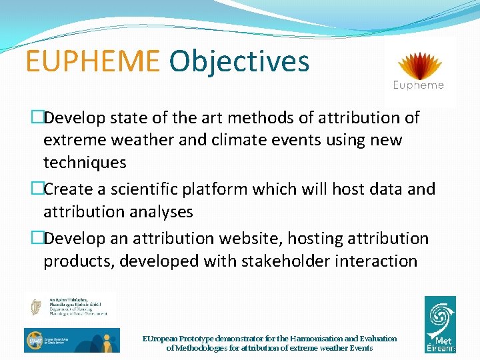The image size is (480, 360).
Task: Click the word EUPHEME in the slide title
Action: [x=93, y=61]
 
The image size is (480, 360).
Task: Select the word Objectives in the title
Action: [x=239, y=61]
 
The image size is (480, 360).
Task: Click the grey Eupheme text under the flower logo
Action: [x=419, y=85]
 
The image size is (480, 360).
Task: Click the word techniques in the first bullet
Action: [x=84, y=163]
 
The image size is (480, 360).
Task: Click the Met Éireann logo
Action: [x=440, y=324]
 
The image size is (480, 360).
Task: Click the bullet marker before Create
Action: [x=37, y=189]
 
